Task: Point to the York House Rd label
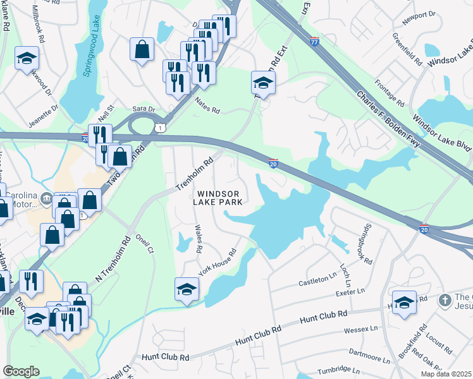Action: (x=216, y=260)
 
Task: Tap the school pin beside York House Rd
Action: (x=187, y=289)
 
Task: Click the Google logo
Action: (x=21, y=371)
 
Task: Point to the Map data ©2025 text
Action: (x=446, y=374)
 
